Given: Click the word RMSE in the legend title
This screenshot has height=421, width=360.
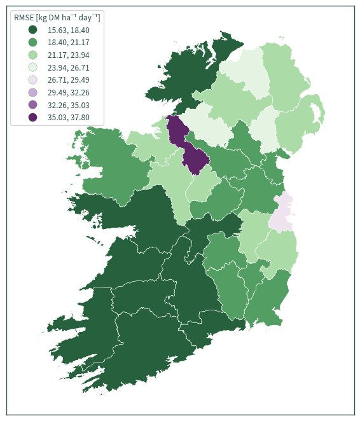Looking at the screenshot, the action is click(x=24, y=18).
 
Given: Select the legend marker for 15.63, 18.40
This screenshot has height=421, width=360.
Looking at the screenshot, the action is click(x=32, y=30).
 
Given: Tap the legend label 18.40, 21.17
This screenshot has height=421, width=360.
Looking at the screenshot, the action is click(x=69, y=43).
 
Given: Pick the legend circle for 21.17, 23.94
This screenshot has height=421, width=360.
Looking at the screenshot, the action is click(x=32, y=55).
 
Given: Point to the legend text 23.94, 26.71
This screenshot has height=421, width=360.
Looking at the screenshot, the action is click(x=69, y=67).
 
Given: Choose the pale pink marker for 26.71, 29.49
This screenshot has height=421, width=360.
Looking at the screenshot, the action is click(x=32, y=79).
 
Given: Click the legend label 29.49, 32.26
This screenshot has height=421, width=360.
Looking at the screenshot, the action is click(x=69, y=93).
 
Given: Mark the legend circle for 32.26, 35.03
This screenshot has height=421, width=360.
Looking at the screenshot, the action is click(x=32, y=105).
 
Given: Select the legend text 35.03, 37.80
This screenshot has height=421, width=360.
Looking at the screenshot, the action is click(x=69, y=117).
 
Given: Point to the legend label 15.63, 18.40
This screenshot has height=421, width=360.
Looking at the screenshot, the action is click(x=69, y=30).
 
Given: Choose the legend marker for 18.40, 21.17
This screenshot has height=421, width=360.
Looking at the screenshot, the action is click(x=32, y=42).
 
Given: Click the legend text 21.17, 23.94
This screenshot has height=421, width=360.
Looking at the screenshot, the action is click(x=69, y=55).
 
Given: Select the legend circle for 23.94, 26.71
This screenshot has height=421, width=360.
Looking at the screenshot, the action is click(x=32, y=67).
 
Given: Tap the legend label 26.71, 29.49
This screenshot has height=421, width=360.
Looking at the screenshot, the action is click(x=69, y=80).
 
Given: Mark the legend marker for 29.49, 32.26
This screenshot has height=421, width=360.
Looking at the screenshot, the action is click(x=32, y=92).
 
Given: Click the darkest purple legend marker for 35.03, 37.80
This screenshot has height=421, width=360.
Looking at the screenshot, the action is click(x=32, y=117).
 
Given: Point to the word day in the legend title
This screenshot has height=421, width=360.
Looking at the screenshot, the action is click(x=85, y=18).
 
